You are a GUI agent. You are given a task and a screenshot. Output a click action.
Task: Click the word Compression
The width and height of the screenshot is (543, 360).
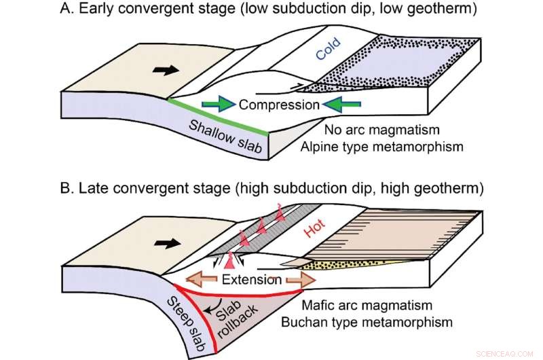click(x=278, y=105)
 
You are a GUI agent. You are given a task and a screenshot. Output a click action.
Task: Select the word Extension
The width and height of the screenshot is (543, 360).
click(x=251, y=279)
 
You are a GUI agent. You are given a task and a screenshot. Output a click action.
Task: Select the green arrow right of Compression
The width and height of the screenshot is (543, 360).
click(x=340, y=105)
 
